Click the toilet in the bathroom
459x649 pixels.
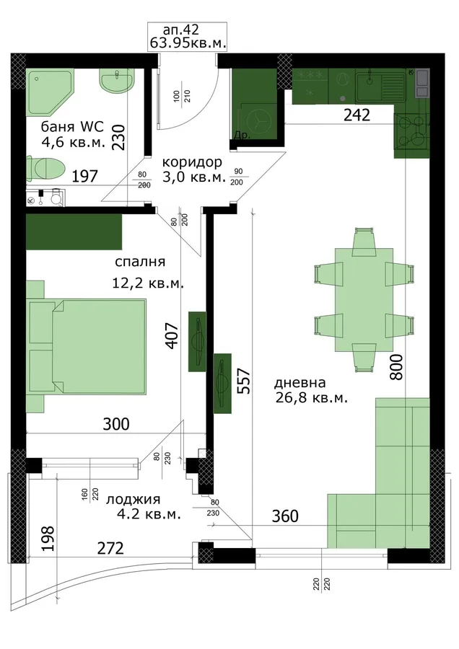pyautogui.click(x=45, y=169)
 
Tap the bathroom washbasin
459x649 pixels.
pyautogui.click(x=117, y=81)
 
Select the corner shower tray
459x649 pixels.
pyautogui.click(x=50, y=92)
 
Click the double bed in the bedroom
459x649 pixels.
pyautogui.click(x=87, y=346)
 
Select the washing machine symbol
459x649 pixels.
pyautogui.click(x=255, y=120)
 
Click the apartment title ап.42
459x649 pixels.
pyautogui.click(x=181, y=30)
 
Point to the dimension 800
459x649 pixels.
pyautogui.click(x=396, y=367)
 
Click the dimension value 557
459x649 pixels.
pyautogui.click(x=245, y=381)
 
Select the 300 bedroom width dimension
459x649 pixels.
pyautogui.click(x=115, y=424)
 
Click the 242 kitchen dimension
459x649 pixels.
pyautogui.click(x=357, y=115)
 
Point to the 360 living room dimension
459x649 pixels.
pyautogui.click(x=285, y=516)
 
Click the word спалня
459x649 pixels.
pyautogui.click(x=139, y=262)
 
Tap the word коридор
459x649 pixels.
pyautogui.click(x=192, y=162)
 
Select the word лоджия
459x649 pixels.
pyautogui.click(x=134, y=500)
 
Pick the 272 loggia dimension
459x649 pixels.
pyautogui.click(x=110, y=549)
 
